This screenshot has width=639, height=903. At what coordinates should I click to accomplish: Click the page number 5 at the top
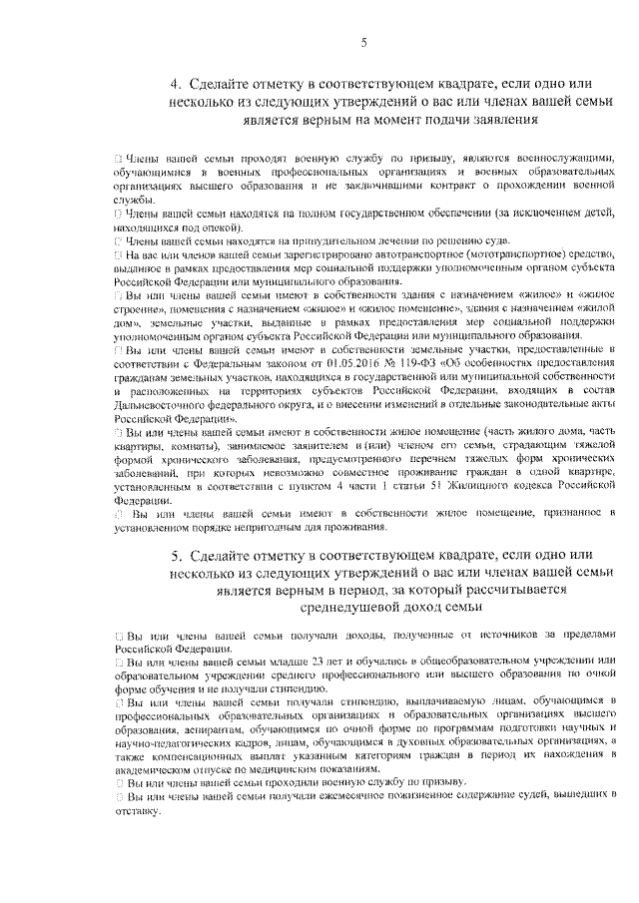[364, 41]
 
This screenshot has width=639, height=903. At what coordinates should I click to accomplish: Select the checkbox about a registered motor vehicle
[118, 256]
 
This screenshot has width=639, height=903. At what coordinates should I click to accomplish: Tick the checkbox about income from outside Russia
[118, 636]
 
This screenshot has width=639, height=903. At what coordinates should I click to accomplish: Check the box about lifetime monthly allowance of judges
[118, 797]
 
